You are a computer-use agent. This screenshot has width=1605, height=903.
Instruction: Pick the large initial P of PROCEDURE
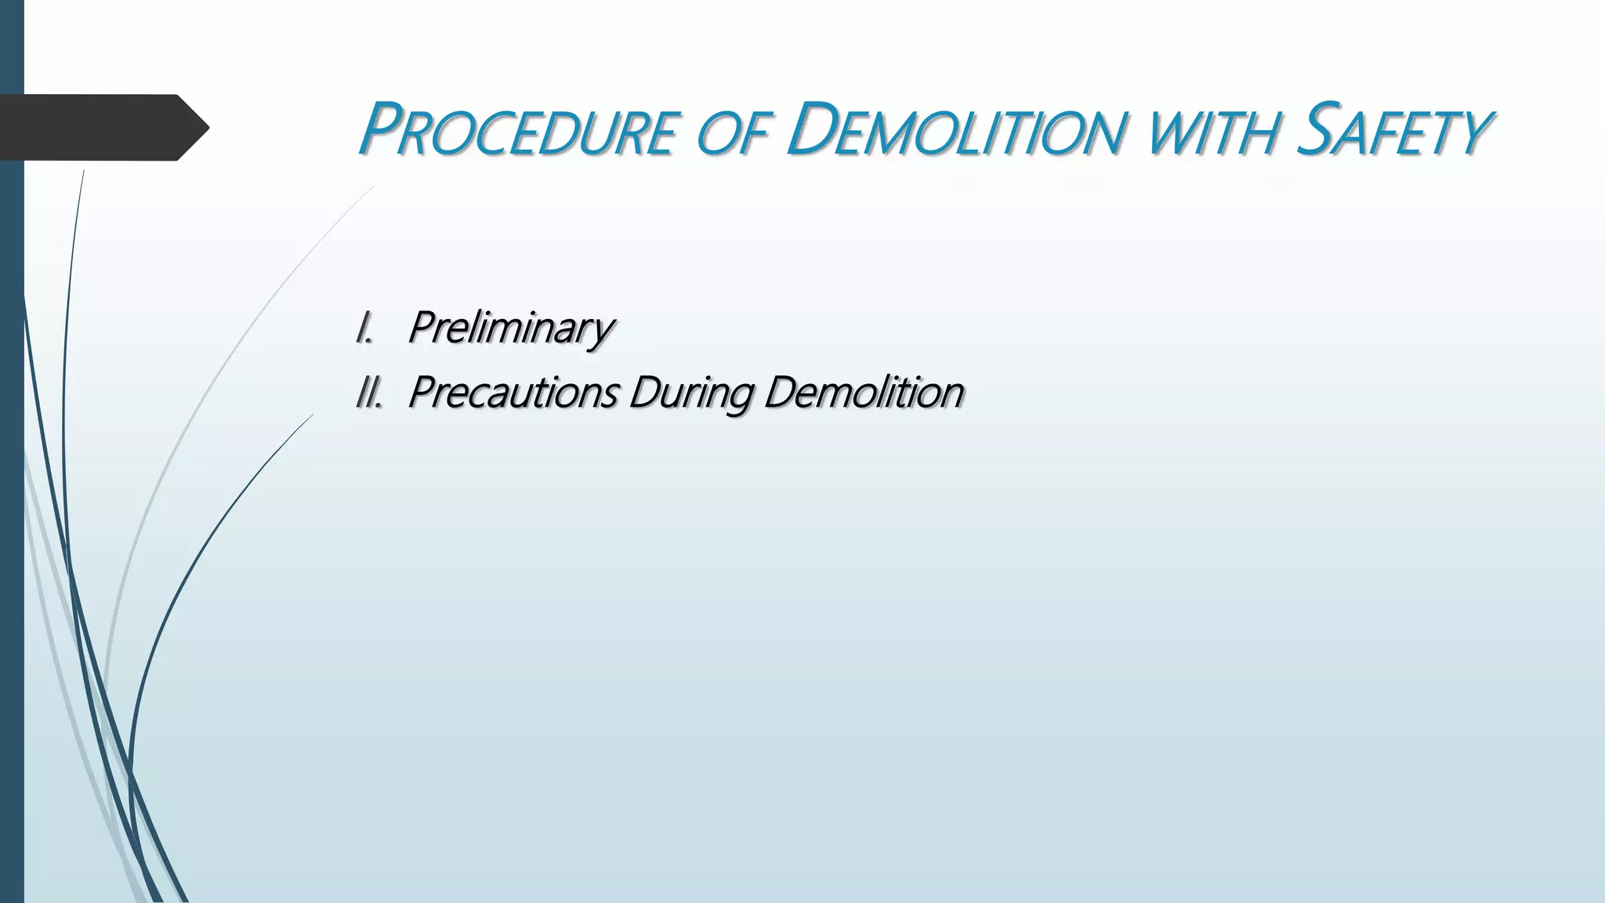click(x=382, y=129)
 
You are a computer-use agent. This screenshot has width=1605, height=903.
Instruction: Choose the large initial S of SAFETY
click(x=1317, y=129)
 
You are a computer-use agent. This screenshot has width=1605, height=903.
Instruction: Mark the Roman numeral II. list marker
click(x=368, y=392)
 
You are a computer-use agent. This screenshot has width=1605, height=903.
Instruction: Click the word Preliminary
click(x=510, y=328)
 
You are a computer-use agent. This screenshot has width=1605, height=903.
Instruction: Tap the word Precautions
click(x=513, y=392)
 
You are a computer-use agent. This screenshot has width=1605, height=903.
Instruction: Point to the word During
click(x=690, y=392)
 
